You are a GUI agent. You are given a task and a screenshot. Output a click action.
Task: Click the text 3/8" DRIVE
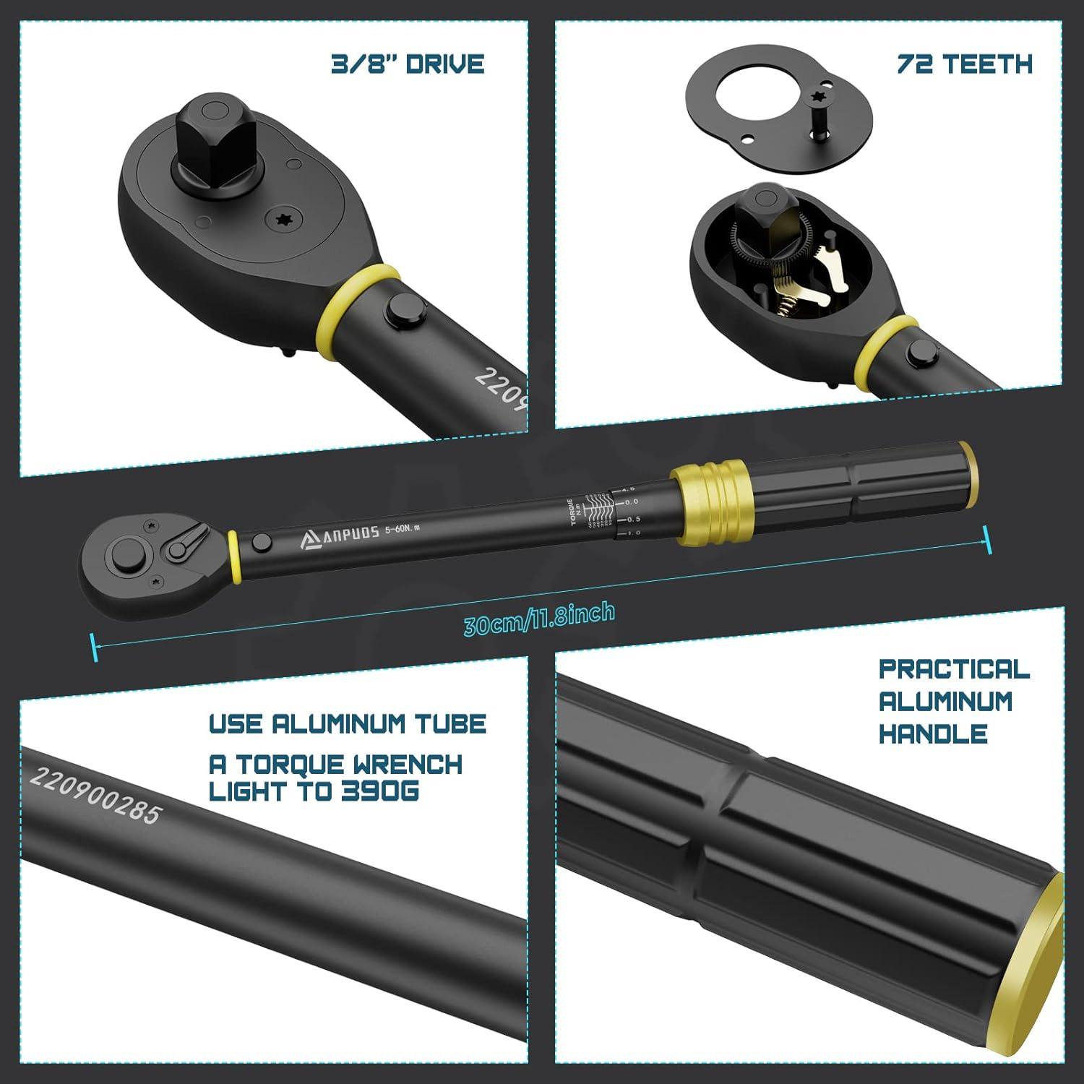pyautogui.click(x=408, y=64)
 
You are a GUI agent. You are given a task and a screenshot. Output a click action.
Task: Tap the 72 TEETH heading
pyautogui.click(x=964, y=64)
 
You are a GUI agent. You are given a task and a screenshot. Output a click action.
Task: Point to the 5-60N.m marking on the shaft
pyautogui.click(x=403, y=528)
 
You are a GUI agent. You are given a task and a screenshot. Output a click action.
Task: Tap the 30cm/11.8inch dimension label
pyautogui.click(x=539, y=619)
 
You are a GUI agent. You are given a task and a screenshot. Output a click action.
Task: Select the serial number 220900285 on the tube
pyautogui.click(x=94, y=795)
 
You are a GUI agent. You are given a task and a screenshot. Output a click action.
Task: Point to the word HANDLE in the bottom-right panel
pyautogui.click(x=933, y=734)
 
